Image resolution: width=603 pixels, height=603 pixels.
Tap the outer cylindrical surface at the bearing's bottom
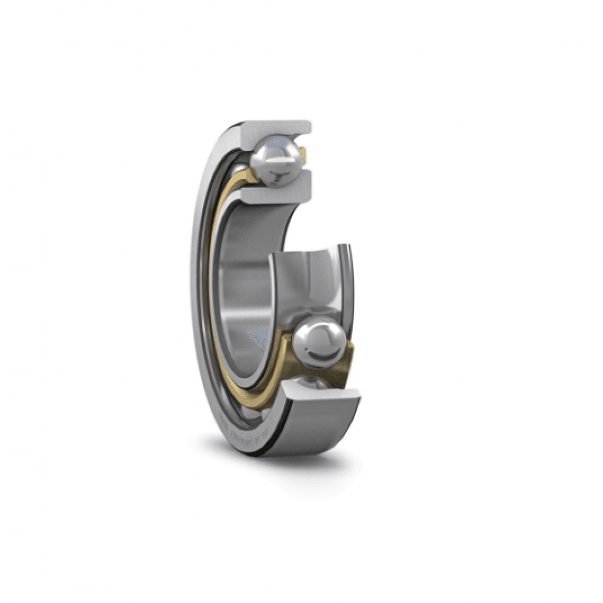tap(322, 427)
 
